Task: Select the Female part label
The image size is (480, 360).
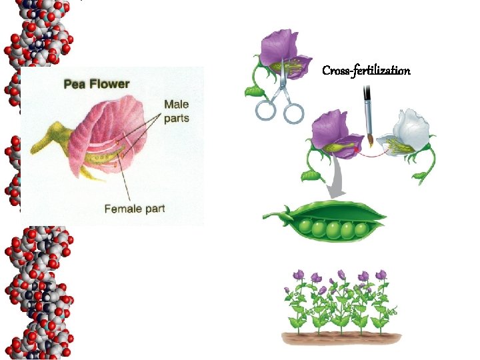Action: point(134,209)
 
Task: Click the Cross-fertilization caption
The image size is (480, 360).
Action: point(366,70)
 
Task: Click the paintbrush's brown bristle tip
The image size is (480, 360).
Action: point(369,140)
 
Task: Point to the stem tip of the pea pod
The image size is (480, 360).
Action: point(266,215)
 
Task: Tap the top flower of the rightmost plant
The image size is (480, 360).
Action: point(381,274)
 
